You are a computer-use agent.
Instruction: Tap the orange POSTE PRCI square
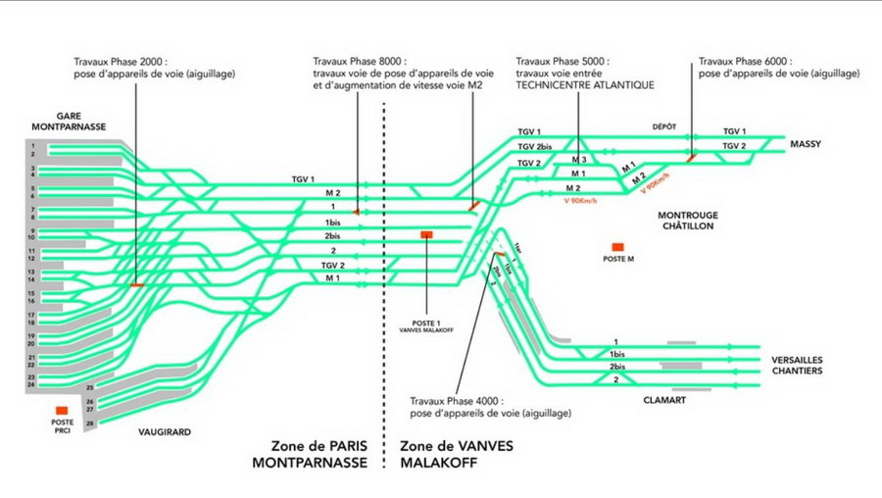(62, 410)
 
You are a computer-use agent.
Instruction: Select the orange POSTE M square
(617, 247)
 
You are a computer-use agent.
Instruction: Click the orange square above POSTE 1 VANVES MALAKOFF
(426, 235)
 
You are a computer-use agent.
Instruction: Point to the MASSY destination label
(805, 144)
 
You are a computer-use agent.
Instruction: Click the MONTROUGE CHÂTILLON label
(687, 220)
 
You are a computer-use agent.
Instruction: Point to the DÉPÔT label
(664, 126)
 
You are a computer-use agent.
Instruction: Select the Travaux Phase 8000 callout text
(397, 74)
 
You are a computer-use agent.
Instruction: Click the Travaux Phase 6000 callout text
(779, 67)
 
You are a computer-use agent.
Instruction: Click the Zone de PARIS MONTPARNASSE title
(310, 453)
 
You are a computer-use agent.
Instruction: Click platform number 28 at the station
(89, 423)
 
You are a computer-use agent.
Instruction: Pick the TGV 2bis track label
(533, 147)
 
